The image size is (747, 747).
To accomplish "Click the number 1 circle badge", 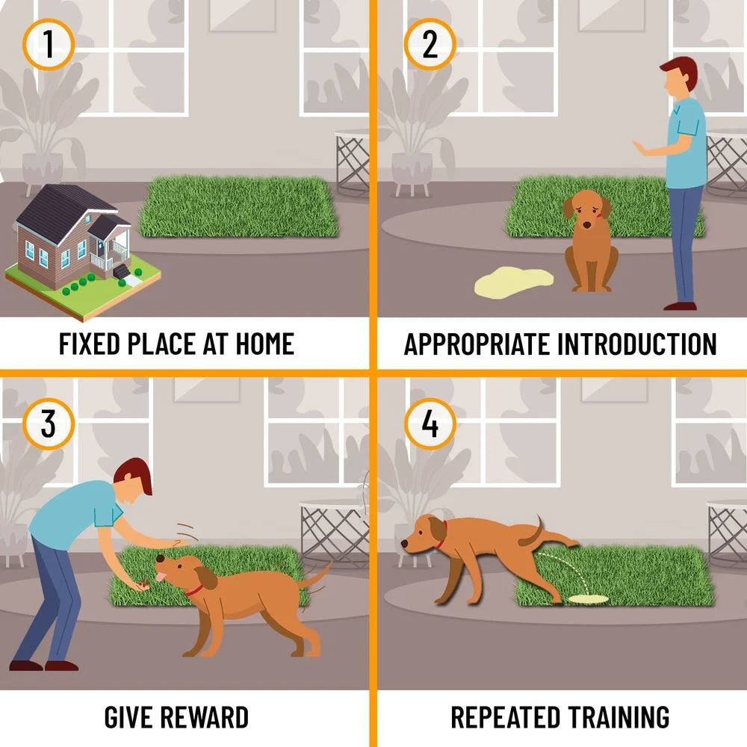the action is (48, 44).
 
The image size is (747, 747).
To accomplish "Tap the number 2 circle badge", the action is (430, 44).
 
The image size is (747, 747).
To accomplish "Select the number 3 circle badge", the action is (48, 424).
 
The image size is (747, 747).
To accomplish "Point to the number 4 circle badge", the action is (430, 424).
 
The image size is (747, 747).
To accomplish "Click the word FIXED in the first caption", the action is (89, 344).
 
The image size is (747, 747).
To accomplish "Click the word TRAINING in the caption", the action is (619, 717).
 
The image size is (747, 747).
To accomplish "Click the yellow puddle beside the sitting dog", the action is (514, 282).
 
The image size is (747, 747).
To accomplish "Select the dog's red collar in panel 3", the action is (194, 591).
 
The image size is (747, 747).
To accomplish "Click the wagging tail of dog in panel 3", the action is (314, 576).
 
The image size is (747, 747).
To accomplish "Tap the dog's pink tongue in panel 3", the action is (161, 577).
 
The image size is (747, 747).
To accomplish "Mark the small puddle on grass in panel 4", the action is (589, 598).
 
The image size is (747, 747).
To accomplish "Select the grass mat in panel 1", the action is (239, 207).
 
